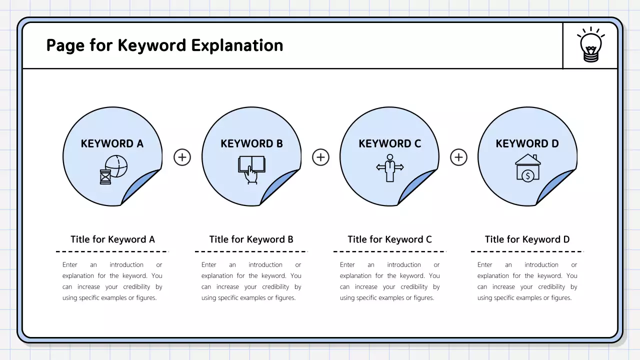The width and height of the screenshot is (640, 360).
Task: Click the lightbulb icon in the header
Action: [591, 45]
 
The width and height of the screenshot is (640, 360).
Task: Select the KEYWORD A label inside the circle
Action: [112, 144]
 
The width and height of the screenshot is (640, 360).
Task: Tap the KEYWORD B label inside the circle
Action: [251, 144]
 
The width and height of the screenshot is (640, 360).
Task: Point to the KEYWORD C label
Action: [390, 144]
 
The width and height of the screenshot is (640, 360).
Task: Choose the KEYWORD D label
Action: [527, 144]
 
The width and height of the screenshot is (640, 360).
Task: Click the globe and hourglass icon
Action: [113, 169]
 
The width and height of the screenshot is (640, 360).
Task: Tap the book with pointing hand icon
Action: [251, 169]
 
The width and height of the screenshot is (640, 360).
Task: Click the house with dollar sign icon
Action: [527, 167]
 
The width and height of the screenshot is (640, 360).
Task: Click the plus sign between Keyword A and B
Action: [182, 157]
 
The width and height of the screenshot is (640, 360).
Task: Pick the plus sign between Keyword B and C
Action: [320, 157]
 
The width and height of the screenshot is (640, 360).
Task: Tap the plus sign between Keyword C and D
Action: [458, 157]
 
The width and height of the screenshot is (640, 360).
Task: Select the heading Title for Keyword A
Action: [112, 239]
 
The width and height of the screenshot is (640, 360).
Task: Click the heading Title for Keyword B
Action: [251, 239]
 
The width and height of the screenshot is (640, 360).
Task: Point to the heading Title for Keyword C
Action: [389, 239]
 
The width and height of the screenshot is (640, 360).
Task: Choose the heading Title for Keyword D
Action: [527, 239]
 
